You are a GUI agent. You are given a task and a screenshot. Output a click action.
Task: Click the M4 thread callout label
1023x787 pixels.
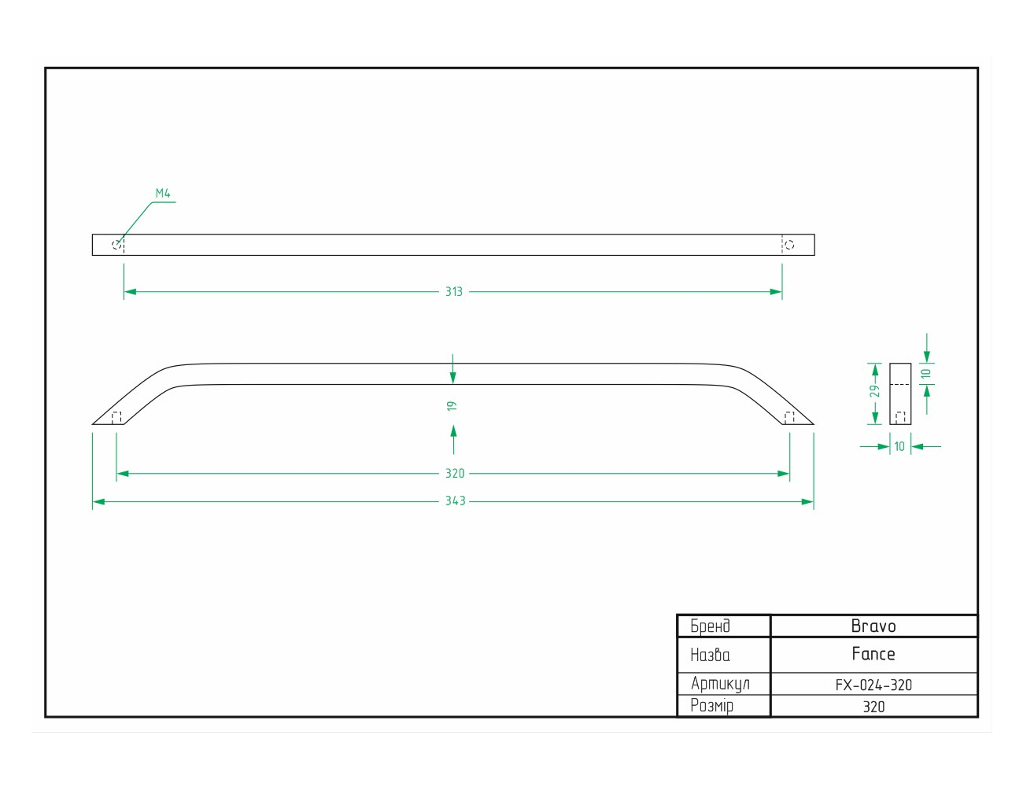[x=163, y=193]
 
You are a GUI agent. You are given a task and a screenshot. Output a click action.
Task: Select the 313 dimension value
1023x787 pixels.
[x=454, y=292]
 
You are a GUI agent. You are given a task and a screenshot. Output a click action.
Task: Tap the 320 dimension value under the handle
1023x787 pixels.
[x=455, y=474]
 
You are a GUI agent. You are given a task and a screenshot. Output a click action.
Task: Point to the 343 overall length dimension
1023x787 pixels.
[x=456, y=501]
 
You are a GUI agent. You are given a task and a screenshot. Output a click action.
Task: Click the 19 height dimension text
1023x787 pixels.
[x=452, y=406]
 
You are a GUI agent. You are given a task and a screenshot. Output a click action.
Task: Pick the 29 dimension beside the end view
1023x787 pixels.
[x=875, y=391]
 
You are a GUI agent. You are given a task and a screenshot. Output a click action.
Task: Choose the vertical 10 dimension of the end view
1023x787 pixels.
[x=926, y=374]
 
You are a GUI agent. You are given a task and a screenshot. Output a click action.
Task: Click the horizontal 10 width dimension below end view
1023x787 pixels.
[x=899, y=446]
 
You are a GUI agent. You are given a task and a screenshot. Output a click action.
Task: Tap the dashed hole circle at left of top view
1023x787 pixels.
[x=116, y=245]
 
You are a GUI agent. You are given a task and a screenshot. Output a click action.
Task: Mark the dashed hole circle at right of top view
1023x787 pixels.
[x=789, y=245]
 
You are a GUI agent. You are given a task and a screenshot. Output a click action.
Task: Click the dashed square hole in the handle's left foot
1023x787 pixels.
[x=116, y=418]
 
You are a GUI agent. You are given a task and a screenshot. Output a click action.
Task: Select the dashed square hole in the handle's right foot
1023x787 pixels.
[x=789, y=418]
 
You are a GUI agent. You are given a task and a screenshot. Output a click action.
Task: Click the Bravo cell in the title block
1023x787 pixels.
[x=873, y=626]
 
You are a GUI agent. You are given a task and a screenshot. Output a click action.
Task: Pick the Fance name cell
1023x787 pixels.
[x=873, y=654]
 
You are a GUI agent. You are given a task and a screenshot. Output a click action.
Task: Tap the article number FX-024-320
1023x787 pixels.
[x=873, y=685]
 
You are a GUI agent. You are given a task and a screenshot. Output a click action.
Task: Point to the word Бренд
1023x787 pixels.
[x=710, y=626]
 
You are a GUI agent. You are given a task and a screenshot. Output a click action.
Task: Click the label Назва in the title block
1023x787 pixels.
[x=710, y=655]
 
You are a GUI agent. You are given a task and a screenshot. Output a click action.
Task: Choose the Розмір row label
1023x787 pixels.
[x=712, y=706]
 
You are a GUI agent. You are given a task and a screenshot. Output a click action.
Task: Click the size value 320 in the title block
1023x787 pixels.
[x=873, y=707]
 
